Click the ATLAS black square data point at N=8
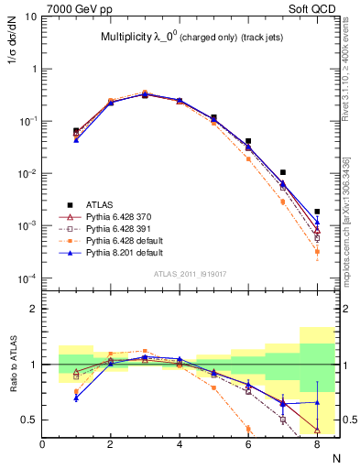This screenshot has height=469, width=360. (317, 212)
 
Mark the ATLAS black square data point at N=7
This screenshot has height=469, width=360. (283, 172)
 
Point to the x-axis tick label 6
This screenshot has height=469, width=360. (248, 444)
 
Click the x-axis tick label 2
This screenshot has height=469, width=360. (111, 444)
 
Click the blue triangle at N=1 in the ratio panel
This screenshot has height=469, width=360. (76, 398)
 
